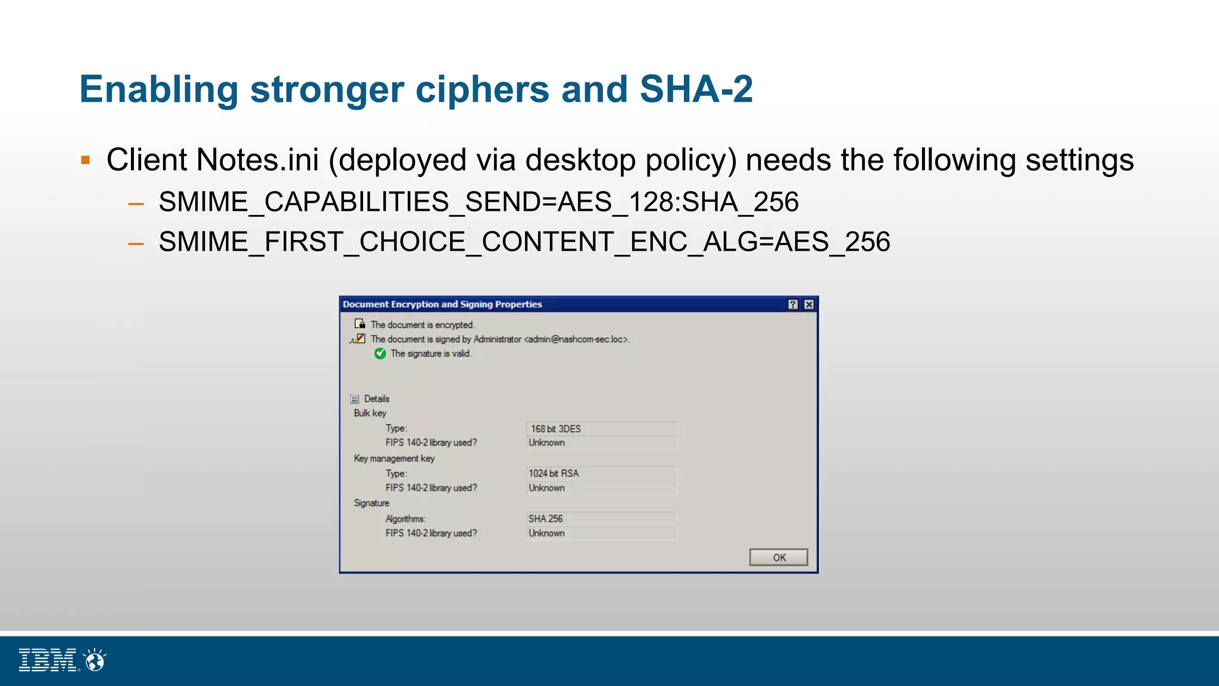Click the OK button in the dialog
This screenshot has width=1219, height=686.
(x=778, y=557)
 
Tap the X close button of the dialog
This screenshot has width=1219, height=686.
(x=809, y=304)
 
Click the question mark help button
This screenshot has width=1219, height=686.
(x=793, y=304)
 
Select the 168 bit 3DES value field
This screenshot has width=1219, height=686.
(x=601, y=429)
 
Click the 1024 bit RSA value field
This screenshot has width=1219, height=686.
(x=601, y=473)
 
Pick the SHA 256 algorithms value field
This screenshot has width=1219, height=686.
(x=601, y=519)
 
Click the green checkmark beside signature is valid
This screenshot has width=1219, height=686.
(x=380, y=354)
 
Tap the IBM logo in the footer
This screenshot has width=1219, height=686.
(x=48, y=660)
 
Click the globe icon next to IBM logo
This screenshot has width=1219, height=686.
(x=95, y=660)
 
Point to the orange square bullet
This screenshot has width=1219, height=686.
(x=86, y=160)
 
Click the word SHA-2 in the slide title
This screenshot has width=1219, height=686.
(x=696, y=89)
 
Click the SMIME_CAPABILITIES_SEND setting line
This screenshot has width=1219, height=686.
(x=478, y=202)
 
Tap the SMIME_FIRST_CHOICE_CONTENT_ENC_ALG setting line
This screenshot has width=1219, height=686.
(x=524, y=242)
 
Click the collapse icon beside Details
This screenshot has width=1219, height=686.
(x=355, y=399)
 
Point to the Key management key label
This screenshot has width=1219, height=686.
(x=394, y=459)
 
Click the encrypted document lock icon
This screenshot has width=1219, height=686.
(x=360, y=324)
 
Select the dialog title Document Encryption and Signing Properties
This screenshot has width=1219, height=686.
(x=442, y=304)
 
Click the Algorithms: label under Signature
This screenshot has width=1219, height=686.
(x=405, y=519)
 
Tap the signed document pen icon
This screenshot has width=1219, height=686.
(x=358, y=339)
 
